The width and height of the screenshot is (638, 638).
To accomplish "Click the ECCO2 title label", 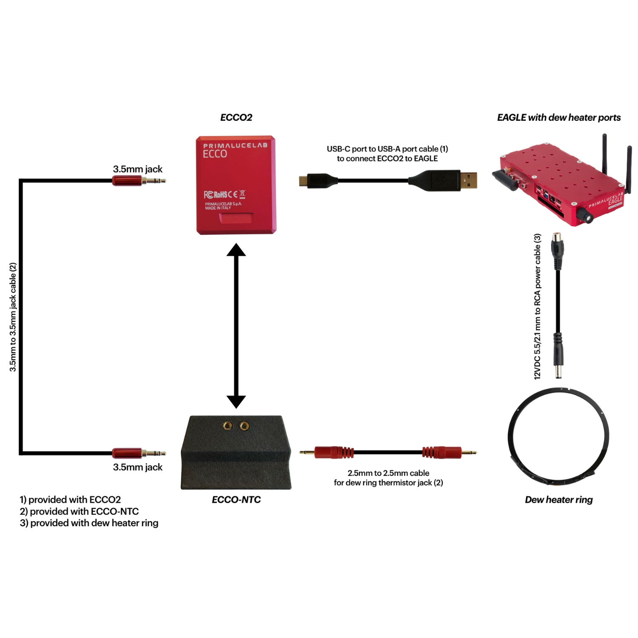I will (x=236, y=117).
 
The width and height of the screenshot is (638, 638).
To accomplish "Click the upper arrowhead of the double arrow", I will (x=236, y=250).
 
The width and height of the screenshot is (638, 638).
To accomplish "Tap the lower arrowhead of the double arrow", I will (x=236, y=401).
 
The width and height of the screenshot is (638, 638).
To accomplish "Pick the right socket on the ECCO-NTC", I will (x=244, y=426).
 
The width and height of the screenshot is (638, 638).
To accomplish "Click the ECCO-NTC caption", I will (x=236, y=500).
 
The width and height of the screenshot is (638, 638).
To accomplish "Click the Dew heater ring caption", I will (x=558, y=500).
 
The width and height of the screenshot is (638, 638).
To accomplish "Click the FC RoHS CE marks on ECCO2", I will (x=224, y=195).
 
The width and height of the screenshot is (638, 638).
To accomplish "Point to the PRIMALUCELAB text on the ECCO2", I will (x=235, y=145).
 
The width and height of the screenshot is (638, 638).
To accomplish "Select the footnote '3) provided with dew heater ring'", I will (x=89, y=523).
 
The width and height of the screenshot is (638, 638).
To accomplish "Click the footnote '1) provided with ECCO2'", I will (x=70, y=499).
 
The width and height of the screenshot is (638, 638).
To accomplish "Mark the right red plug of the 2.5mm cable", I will (x=441, y=453).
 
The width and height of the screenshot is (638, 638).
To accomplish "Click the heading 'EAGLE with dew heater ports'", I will (x=558, y=117).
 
